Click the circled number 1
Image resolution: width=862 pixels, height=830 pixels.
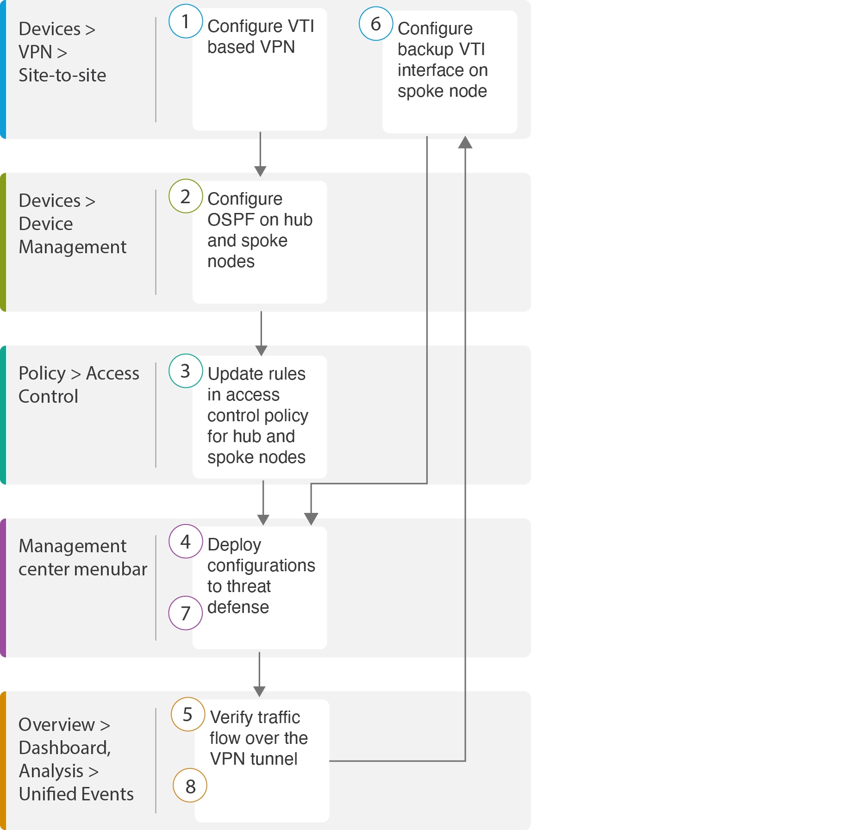[x=186, y=21]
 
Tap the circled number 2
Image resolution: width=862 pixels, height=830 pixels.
[x=186, y=196]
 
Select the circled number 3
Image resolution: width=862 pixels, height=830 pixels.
[x=186, y=371]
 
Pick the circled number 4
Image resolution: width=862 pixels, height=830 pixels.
[x=186, y=541]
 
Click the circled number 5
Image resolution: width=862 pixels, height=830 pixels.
[x=187, y=714]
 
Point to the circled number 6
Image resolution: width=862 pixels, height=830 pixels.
[x=376, y=24]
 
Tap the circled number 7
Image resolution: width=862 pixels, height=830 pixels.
[x=186, y=613]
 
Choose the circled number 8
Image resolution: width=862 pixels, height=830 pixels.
[x=190, y=786]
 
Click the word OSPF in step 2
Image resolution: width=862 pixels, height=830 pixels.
[x=227, y=219]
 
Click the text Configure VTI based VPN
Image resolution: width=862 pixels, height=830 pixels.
[x=260, y=37]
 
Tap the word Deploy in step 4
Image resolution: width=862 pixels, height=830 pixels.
[x=234, y=544]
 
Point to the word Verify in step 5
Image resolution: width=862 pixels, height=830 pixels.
[x=231, y=717]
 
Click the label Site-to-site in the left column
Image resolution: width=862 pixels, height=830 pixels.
[x=62, y=75]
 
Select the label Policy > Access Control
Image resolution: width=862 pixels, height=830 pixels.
[x=78, y=385]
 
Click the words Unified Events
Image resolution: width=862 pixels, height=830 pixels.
[x=76, y=794]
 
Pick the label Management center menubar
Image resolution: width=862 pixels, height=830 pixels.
[x=82, y=557]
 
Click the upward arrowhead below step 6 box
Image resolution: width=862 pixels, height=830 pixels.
[x=465, y=142]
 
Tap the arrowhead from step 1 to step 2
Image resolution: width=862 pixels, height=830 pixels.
[x=260, y=171]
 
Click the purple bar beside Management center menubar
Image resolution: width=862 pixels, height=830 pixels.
[x=3, y=587]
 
